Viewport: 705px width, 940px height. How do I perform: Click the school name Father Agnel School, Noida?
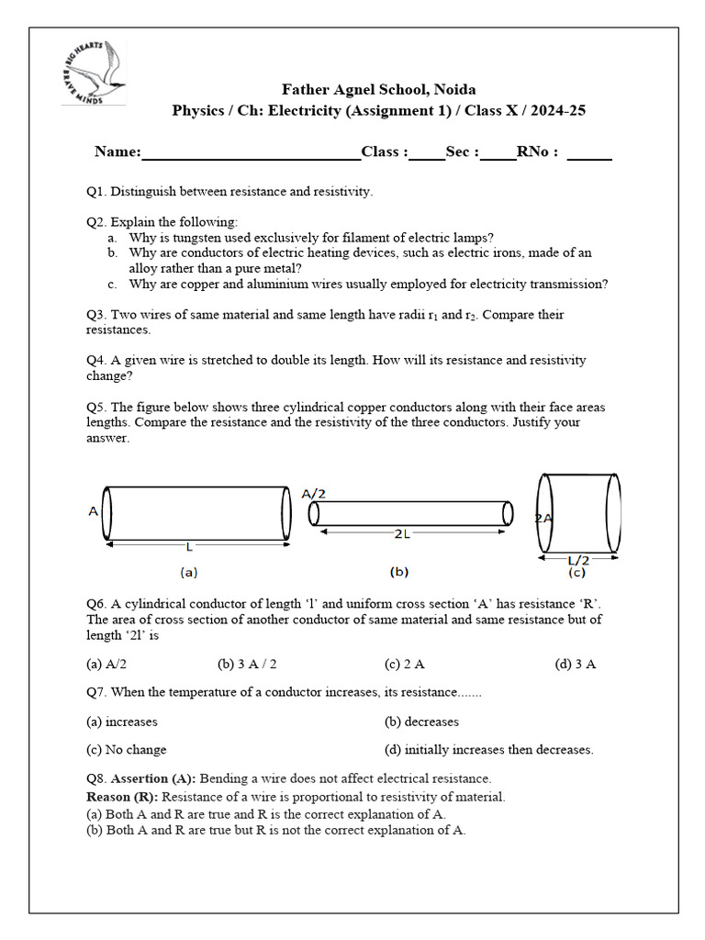tap(378, 89)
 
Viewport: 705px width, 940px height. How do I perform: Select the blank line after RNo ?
tap(589, 153)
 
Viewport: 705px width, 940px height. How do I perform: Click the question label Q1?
tap(96, 192)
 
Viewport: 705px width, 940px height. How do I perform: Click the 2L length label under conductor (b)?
tap(403, 533)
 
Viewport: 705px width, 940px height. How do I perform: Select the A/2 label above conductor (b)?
tap(314, 494)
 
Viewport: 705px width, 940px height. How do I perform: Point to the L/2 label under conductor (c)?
tap(578, 559)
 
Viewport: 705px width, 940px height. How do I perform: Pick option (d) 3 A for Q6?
tap(576, 664)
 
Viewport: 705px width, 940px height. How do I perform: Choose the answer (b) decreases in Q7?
tap(421, 722)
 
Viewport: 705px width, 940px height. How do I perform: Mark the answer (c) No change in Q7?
tap(127, 749)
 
